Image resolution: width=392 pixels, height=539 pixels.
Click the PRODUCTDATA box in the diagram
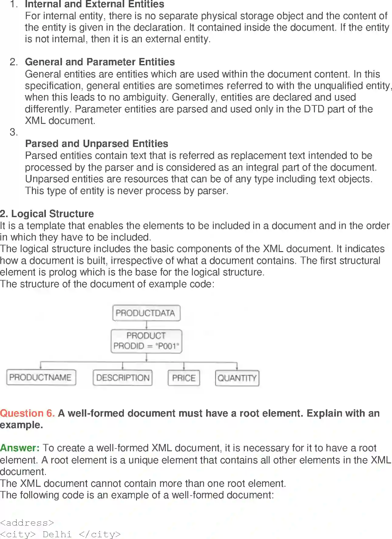146,313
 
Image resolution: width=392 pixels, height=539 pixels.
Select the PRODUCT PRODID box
146,341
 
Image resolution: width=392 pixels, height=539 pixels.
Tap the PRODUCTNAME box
41,377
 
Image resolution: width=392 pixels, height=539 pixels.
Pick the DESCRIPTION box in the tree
123,378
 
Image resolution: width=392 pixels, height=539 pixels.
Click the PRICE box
184,378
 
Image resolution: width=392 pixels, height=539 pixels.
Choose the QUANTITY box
237,378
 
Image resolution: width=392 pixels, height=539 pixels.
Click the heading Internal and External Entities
94,4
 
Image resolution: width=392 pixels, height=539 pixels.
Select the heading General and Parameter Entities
100,62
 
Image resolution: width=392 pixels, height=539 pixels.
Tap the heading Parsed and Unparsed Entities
97,144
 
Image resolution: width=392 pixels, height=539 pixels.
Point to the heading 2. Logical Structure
47,214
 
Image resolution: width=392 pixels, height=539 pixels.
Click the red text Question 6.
27,413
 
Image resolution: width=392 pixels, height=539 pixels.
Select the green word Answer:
20,448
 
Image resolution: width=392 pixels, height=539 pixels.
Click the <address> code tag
27,523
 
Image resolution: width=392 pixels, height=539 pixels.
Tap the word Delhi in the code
57,534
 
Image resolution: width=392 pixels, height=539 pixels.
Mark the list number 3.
14,132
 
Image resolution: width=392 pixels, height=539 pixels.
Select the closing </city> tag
100,534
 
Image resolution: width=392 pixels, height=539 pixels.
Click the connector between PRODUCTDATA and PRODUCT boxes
146,325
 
